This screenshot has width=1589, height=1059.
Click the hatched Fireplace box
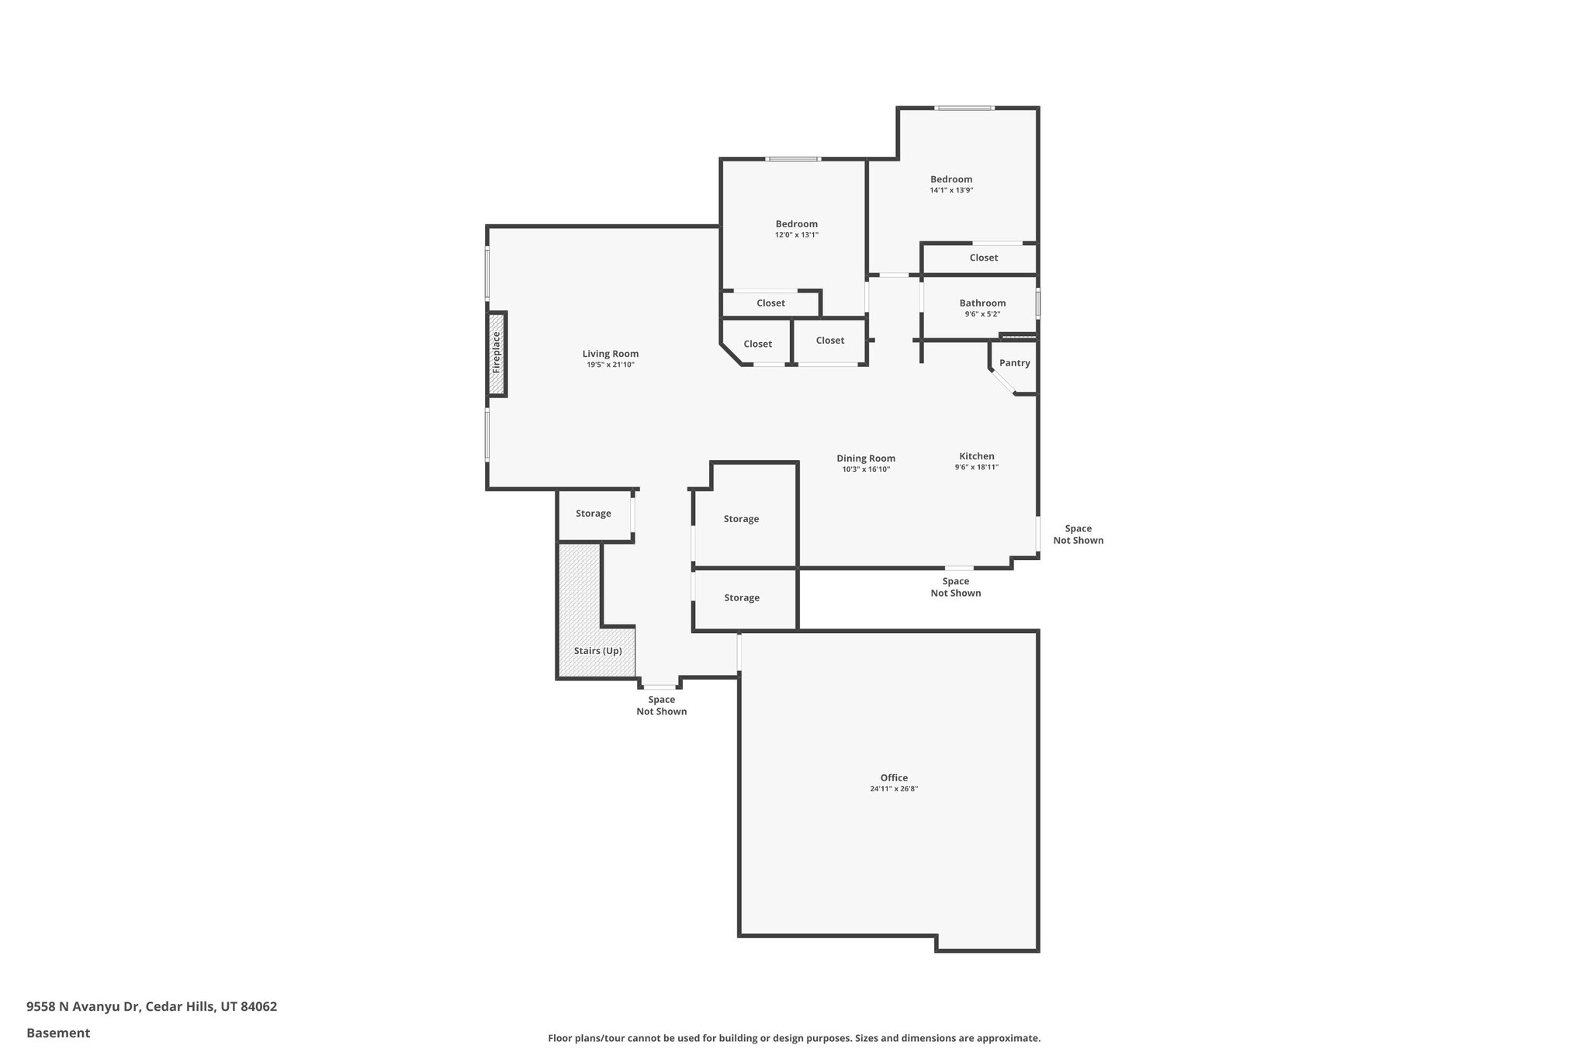pos(497,355)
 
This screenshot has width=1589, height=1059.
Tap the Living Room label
pos(611,354)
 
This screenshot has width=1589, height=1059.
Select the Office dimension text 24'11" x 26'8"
pos(894,789)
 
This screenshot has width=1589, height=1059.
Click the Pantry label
pos(1014,363)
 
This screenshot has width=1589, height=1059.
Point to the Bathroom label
pos(982,303)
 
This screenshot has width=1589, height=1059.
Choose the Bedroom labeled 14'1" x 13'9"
pos(951,179)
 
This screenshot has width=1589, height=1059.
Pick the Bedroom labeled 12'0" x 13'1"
pos(796,224)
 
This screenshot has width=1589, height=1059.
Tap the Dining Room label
pos(866,459)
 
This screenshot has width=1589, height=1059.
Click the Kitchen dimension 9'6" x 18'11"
pos(976,467)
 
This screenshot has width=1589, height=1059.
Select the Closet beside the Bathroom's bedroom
pos(983,258)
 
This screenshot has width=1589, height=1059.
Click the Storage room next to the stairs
pos(594,514)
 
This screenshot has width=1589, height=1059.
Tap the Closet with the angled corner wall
pos(757,344)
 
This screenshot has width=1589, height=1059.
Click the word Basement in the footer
pos(58,1033)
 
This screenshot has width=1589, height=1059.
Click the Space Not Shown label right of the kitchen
pos(1078,535)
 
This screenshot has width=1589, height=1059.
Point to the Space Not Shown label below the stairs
pos(661,705)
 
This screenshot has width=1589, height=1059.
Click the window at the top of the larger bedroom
pos(964,108)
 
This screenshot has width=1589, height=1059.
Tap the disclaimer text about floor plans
pos(794,1038)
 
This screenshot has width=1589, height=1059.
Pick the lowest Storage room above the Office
pos(742,597)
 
